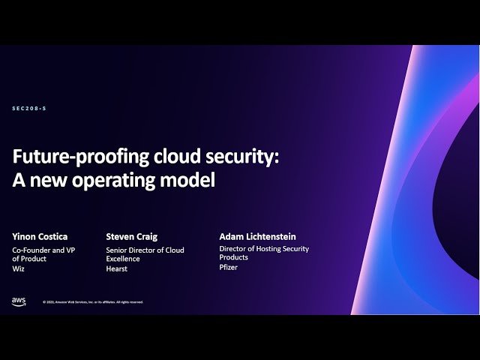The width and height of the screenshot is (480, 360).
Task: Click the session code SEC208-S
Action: point(29,109)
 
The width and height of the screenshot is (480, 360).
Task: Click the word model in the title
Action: point(190,181)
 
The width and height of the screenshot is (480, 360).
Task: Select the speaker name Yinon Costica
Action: point(39,237)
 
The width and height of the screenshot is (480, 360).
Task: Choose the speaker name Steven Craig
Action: point(132,237)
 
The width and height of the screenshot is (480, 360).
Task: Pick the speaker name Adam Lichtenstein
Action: point(257,237)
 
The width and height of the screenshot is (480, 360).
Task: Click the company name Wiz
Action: point(18,268)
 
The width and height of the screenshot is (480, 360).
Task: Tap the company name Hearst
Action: point(116,268)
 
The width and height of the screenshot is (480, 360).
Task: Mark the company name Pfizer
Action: point(228,267)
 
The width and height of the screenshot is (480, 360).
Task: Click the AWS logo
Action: point(19,301)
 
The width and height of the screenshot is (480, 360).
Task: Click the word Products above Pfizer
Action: point(233,258)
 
